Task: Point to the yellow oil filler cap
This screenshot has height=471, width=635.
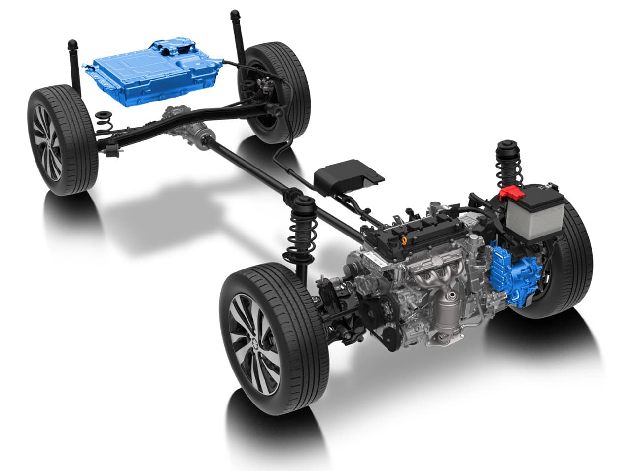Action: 404,241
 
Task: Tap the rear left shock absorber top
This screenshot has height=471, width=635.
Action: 73,45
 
